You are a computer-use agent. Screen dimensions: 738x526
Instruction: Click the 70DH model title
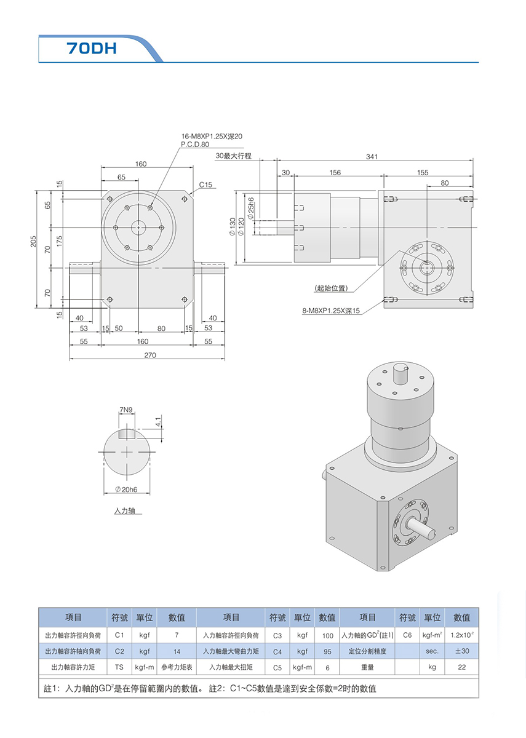coord(92,49)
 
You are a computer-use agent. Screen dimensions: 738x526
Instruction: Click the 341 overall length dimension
coord(372,157)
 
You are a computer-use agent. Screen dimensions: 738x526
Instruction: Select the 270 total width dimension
coord(149,355)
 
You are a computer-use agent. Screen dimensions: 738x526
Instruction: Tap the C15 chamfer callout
coord(205,184)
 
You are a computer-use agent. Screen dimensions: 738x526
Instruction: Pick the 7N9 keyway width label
coord(127,410)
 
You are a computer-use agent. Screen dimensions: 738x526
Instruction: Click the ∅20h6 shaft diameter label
coord(126,489)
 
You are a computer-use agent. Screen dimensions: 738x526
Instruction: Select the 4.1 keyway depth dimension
coord(157,423)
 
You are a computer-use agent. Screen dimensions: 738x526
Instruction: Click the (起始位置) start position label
coord(330,288)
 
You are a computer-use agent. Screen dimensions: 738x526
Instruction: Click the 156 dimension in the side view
coord(335,173)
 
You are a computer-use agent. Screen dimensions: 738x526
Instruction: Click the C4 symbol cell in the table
coord(277,651)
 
